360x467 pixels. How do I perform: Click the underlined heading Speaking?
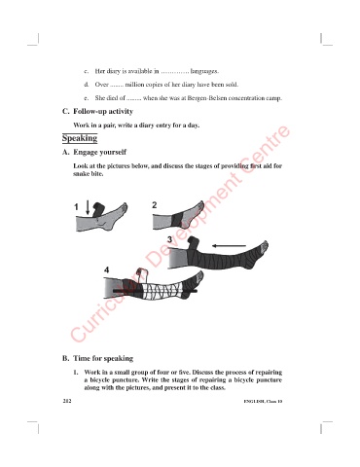(x=80, y=138)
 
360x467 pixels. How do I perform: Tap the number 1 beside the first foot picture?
(x=77, y=207)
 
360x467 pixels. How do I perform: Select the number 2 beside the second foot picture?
(x=155, y=205)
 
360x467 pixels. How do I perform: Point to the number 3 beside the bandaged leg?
(x=169, y=239)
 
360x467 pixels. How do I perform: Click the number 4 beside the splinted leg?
(x=107, y=269)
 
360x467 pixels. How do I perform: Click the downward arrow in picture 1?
(x=88, y=207)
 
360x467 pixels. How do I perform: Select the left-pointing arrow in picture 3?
(x=229, y=246)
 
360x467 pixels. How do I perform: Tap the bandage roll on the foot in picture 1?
(x=98, y=209)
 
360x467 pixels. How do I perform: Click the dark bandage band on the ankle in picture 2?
(x=176, y=221)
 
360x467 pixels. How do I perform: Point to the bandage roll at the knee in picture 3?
(x=195, y=242)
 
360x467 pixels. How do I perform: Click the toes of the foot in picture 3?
(x=265, y=247)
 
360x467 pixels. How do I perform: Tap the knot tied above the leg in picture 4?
(x=141, y=273)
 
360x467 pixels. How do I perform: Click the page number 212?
(x=67, y=401)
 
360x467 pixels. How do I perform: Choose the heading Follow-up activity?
(x=103, y=112)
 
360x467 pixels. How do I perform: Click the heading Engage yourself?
(x=99, y=152)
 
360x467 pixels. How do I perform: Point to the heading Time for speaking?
(x=103, y=358)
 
